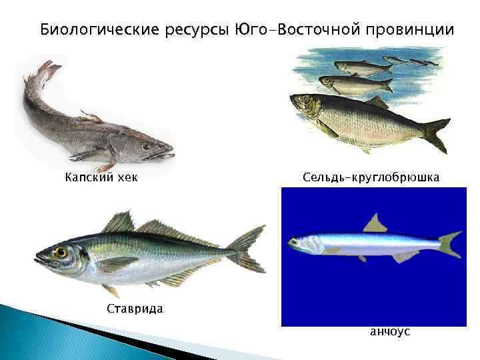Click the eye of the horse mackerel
[x=61, y=253]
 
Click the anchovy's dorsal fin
[x=375, y=223]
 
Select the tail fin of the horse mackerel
[x=249, y=250]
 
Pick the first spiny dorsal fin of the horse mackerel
[x=120, y=222]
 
